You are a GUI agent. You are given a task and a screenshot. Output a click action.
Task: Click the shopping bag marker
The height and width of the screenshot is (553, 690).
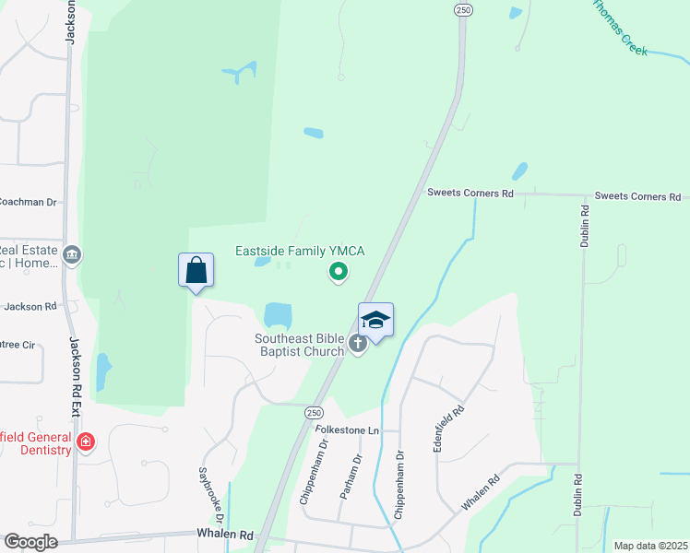pos(196,271)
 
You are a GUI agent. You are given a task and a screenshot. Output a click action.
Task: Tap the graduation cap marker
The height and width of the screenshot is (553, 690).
pos(375,321)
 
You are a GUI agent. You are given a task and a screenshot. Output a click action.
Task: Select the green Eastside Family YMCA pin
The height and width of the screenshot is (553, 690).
pos(339,271)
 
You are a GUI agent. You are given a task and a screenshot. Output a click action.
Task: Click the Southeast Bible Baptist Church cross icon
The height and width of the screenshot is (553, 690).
pos(358,345)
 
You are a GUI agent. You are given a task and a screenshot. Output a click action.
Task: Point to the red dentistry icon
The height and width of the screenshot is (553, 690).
pos(86,442)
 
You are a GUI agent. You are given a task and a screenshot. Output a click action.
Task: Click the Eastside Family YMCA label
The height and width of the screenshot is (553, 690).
pos(300,251)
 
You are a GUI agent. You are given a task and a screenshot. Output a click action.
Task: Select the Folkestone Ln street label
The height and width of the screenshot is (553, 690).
pos(347,430)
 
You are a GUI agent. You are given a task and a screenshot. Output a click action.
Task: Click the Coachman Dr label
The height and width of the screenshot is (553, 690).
pos(28,202)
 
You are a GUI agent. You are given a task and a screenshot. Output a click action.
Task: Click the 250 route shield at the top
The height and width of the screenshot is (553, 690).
pos(463,8)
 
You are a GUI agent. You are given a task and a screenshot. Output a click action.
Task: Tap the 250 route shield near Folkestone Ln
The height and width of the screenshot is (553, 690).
pos(315,414)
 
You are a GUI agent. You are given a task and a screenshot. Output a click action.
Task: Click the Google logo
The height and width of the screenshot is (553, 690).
pos(30,542)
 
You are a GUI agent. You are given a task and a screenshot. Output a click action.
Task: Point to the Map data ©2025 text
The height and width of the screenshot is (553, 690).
pos(649,546)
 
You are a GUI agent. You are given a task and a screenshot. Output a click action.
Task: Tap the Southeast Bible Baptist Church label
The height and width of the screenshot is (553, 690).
pos(300,345)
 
